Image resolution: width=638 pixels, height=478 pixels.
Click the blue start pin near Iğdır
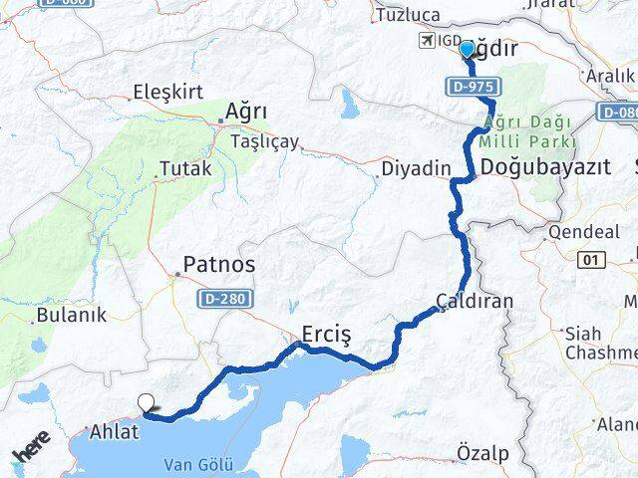click(x=467, y=50)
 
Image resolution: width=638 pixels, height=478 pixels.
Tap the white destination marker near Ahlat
click(x=147, y=403)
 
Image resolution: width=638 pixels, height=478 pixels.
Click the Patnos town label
click(x=217, y=266)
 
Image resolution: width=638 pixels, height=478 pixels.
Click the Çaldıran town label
click(x=476, y=300)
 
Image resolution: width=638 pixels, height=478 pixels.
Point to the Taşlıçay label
click(x=264, y=141)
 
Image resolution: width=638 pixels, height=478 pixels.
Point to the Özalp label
click(x=482, y=453)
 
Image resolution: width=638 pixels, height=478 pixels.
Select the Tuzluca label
click(x=407, y=15)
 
